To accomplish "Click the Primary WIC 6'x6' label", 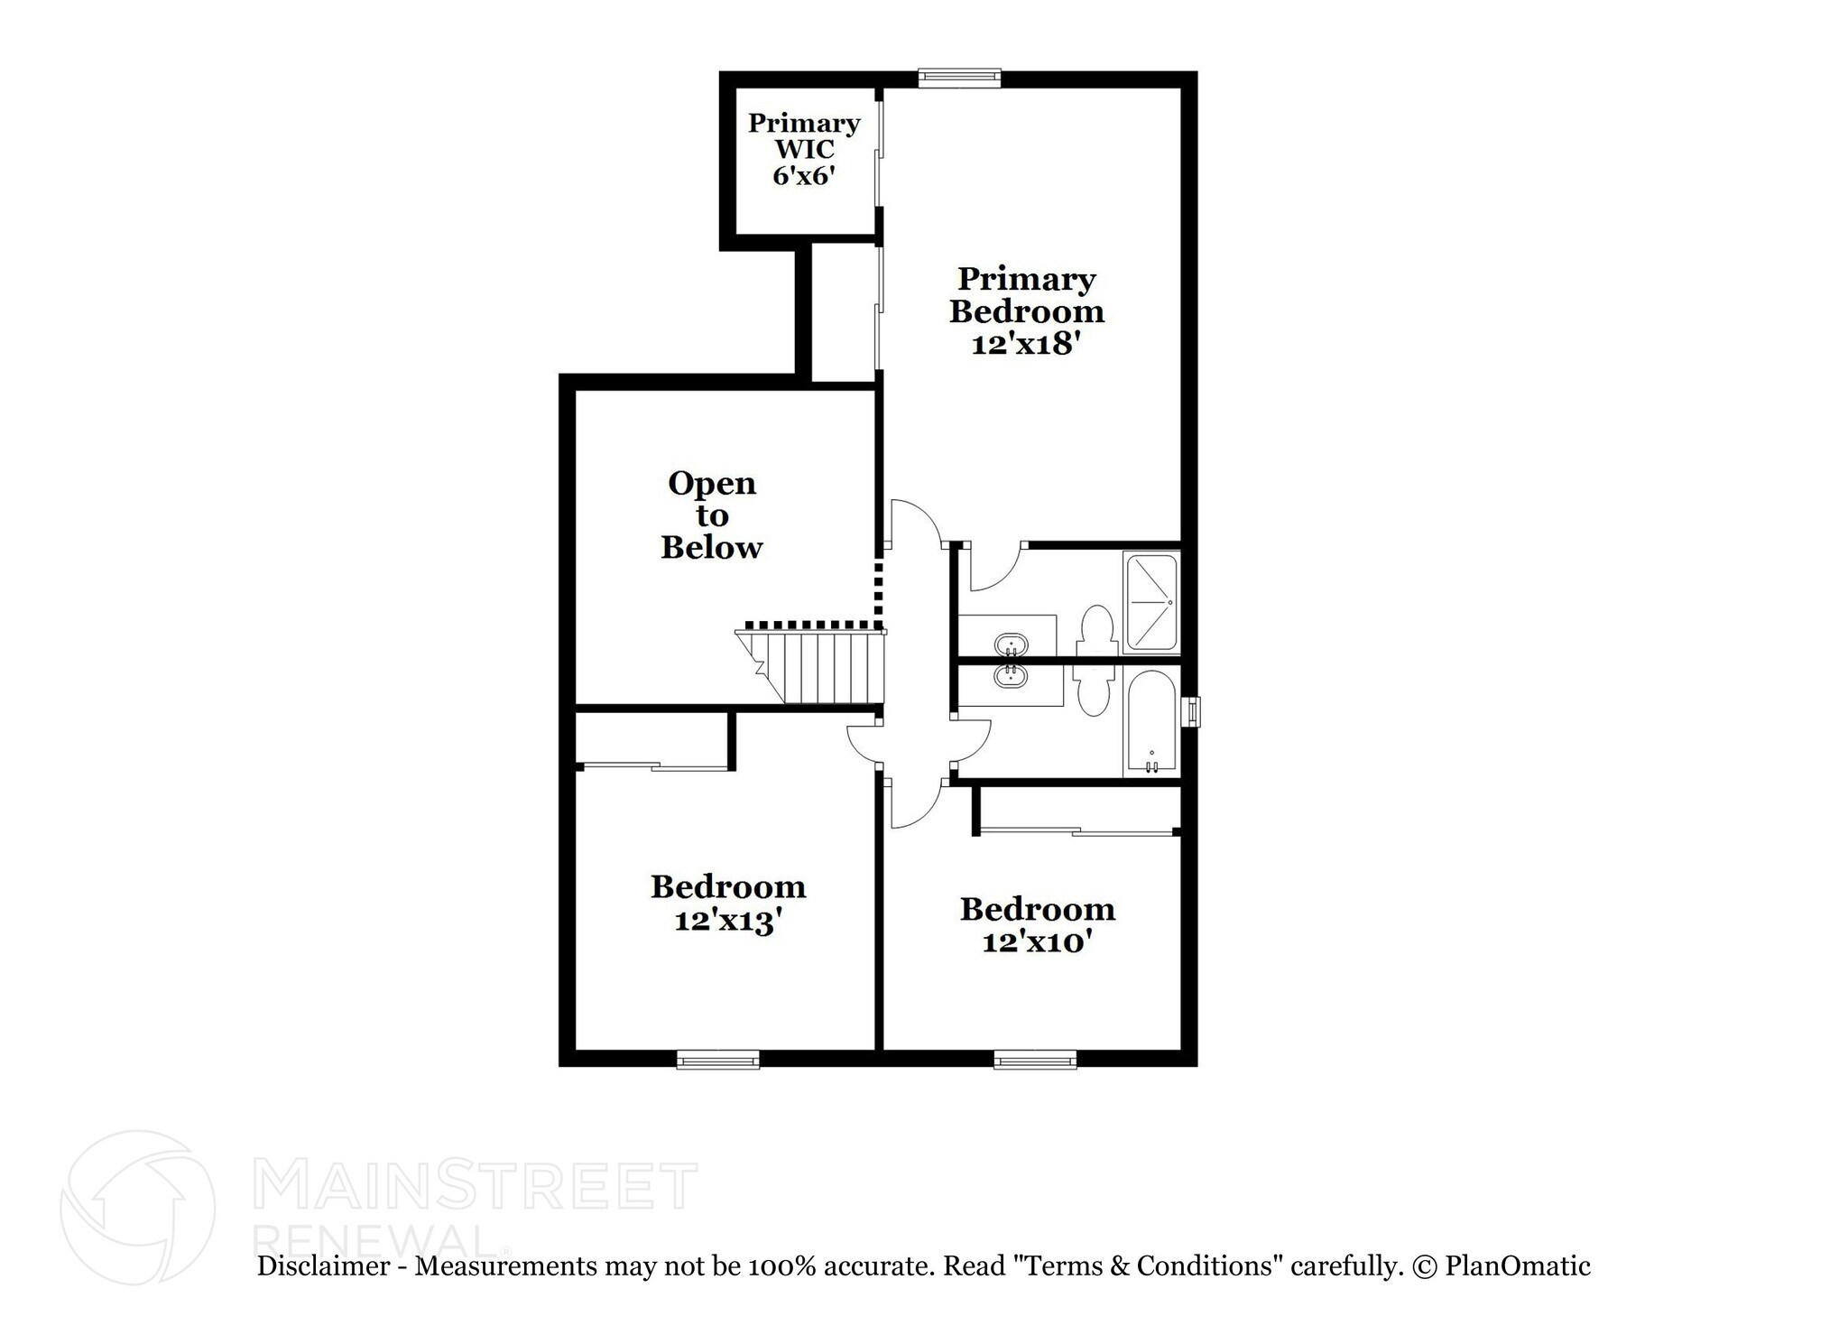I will click(x=803, y=149).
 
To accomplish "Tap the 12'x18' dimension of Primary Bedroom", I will click(x=1026, y=345).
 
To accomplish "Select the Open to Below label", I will click(x=711, y=515).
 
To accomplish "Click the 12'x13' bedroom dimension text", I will click(x=727, y=922).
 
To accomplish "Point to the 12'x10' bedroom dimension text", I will click(x=1037, y=942).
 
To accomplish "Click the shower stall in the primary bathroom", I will click(x=1150, y=602).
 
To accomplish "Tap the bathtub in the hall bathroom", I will click(x=1150, y=722).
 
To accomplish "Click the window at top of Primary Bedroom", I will click(x=959, y=79).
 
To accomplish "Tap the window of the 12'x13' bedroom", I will click(x=717, y=1060).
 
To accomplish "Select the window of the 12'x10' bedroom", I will click(x=1035, y=1060).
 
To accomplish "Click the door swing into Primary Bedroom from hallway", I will click(x=913, y=524).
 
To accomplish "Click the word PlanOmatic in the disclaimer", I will click(x=1517, y=1266).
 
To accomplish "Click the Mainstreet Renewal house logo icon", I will click(x=137, y=1207).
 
